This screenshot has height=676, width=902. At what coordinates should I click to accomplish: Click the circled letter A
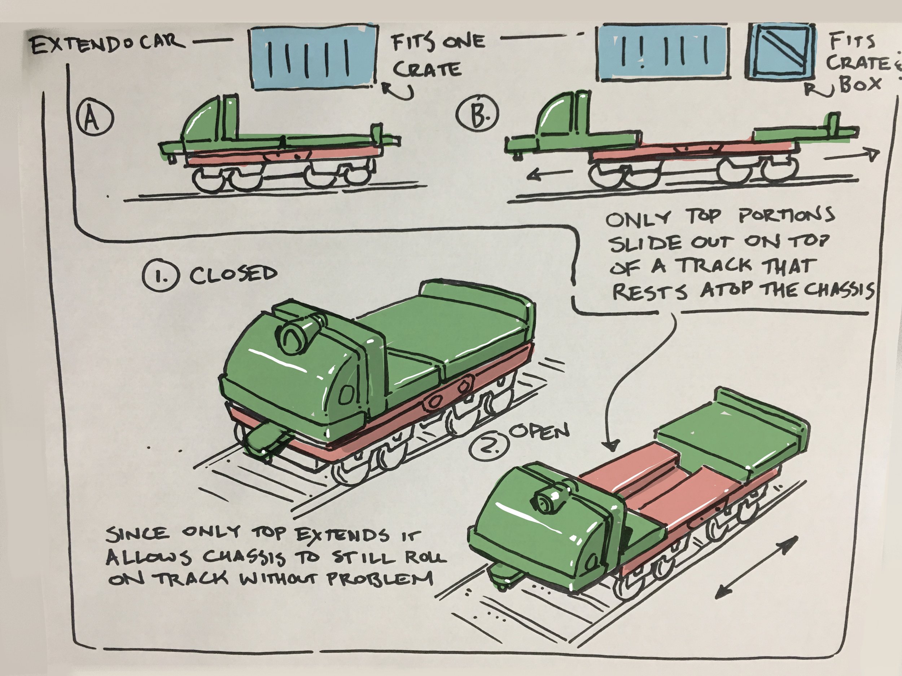click(94, 119)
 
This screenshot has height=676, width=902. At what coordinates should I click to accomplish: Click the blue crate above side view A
click(314, 57)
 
